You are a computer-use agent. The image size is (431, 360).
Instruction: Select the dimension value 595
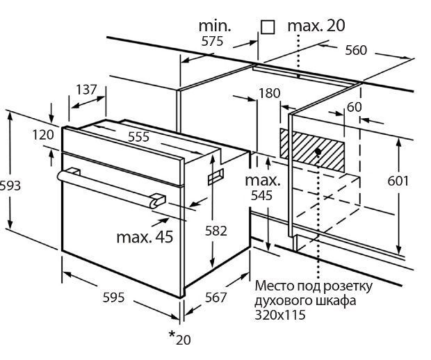113,297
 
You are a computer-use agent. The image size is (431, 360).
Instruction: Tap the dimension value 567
216,297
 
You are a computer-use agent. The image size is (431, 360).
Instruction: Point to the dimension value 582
216,231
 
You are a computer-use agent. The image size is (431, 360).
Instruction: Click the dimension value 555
138,137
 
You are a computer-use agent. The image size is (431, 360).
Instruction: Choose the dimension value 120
43,134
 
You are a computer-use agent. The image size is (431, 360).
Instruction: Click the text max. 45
144,238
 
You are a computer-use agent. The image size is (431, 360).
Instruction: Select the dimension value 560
356,50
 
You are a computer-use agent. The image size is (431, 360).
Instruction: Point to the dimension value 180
269,93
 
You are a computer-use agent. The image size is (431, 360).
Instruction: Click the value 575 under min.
212,41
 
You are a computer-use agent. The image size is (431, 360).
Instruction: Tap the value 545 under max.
261,196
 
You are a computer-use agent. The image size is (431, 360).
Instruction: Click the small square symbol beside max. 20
268,27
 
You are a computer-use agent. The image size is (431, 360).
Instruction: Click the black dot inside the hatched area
318,150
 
